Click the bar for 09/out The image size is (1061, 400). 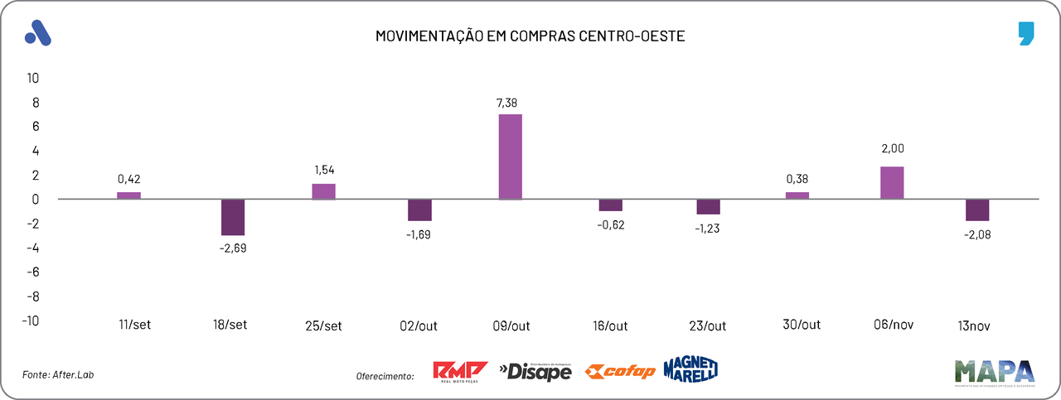tap(510, 157)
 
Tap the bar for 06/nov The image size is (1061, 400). tap(892, 182)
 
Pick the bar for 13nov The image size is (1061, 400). tap(977, 210)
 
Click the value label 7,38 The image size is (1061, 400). tap(509, 103)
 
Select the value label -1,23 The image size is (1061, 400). tap(707, 228)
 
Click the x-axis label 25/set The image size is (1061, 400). tap(323, 325)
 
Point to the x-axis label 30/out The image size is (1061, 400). tap(802, 324)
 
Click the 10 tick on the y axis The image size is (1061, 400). tap(34, 78)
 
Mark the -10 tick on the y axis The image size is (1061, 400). tap(31, 320)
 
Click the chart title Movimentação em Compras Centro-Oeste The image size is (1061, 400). tap(530, 36)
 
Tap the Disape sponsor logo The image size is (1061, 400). tap(535, 372)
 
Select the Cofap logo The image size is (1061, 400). tap(620, 372)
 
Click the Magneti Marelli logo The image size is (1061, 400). tap(690, 369)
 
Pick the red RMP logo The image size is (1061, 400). tap(460, 372)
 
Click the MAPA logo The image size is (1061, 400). tap(994, 373)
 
